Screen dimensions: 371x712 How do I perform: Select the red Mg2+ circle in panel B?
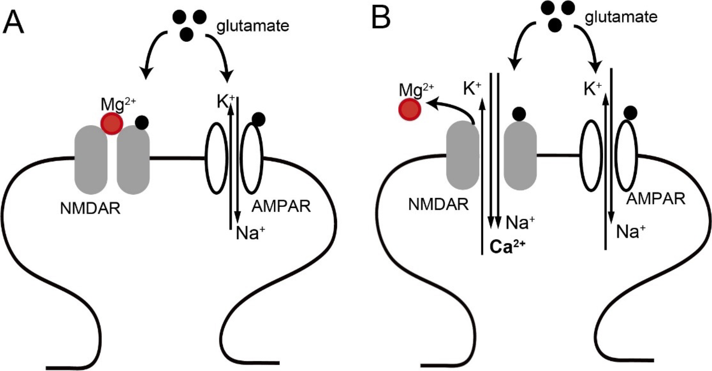pyautogui.click(x=410, y=110)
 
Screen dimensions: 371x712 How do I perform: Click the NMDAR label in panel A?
pyautogui.click(x=90, y=209)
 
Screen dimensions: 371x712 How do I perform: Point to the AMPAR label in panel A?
pyautogui.click(x=281, y=206)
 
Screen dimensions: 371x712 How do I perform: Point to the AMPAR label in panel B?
pyautogui.click(x=656, y=199)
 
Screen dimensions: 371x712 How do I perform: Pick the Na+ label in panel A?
pyautogui.click(x=250, y=233)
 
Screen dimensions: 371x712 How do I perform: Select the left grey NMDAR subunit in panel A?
pyautogui.click(x=91, y=159)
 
